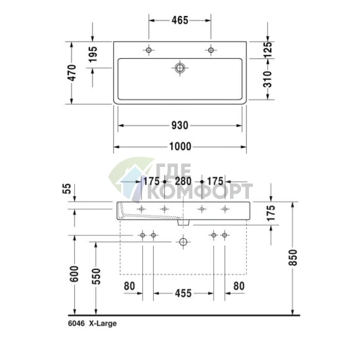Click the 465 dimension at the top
coord(180,20)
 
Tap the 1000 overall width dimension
coord(180,147)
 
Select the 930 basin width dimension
coord(180,126)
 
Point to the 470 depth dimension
coord(72,73)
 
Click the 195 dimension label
coord(93,54)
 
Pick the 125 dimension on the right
coord(268,49)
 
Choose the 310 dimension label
coord(268,79)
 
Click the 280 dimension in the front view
coord(183,181)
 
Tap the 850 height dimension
coord(292,258)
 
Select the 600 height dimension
coord(74,274)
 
